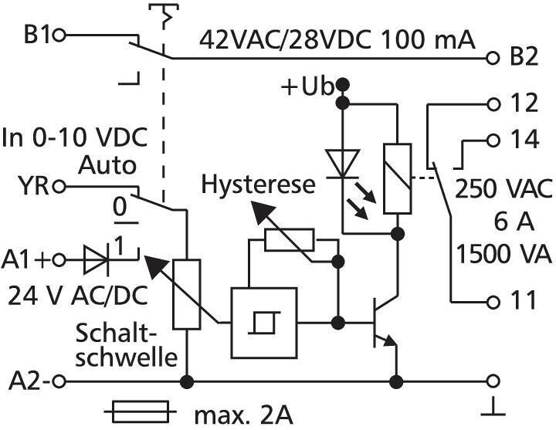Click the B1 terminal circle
[59, 36]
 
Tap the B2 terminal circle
[492, 58]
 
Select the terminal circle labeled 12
[493, 104]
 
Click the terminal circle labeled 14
[493, 141]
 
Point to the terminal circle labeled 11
[493, 302]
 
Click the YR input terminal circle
[59, 186]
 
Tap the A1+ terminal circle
[59, 260]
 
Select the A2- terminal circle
[59, 381]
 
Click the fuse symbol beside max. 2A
[141, 411]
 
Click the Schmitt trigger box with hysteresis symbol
[264, 323]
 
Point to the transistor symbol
[385, 323]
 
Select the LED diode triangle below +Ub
[343, 164]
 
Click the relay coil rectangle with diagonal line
[398, 178]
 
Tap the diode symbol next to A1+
[96, 260]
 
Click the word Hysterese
[258, 185]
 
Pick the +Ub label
[307, 86]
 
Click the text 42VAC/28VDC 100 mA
[337, 39]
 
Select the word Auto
[107, 165]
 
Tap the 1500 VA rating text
[503, 254]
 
